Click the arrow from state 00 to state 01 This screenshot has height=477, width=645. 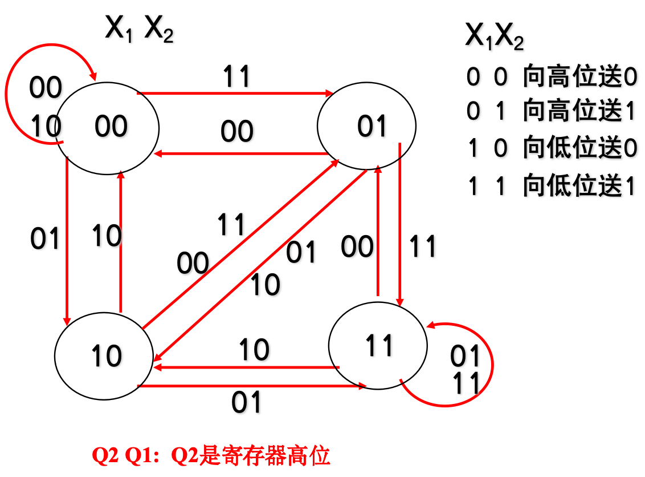pyautogui.click(x=234, y=92)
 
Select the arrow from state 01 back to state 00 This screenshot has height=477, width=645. pyautogui.click(x=239, y=153)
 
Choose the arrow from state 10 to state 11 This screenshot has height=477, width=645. pyautogui.click(x=251, y=386)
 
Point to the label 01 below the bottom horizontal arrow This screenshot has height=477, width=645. pyautogui.click(x=246, y=403)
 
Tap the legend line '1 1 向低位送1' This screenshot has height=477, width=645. pyautogui.click(x=550, y=186)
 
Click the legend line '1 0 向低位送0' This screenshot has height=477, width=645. pyautogui.click(x=550, y=149)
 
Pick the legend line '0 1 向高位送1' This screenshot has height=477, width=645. pyautogui.click(x=550, y=112)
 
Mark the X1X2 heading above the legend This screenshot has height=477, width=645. pyautogui.click(x=494, y=38)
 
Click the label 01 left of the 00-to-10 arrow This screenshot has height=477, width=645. pyautogui.click(x=45, y=238)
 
